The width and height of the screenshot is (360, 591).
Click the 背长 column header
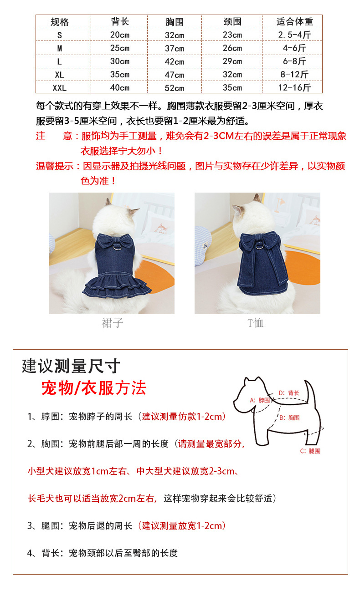pos(120,21)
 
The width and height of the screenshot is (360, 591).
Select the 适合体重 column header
pos(294,21)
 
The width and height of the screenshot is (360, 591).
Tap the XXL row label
pos(60,88)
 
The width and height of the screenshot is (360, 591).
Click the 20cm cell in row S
pos(120,35)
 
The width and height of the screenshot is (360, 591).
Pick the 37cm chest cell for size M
pos(175,48)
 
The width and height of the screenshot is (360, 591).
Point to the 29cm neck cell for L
pos(232,61)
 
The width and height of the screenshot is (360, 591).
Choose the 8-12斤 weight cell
pos(294,74)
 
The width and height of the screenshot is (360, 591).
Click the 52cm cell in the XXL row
pos(175,88)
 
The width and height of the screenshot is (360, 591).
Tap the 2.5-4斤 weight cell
pos(294,35)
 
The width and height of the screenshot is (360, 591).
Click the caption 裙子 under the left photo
pos(112,323)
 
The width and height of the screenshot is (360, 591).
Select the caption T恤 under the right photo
pos(256,323)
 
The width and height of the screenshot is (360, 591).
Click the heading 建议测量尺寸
pos(71,366)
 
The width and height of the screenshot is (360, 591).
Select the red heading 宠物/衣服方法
pos(93,388)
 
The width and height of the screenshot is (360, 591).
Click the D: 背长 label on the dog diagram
pos(289,392)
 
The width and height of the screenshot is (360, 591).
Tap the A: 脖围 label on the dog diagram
pos(260,400)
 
